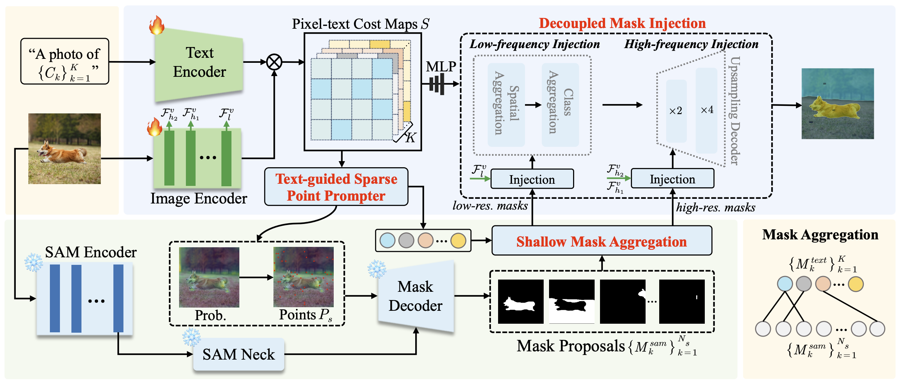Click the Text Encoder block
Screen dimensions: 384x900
coord(199,63)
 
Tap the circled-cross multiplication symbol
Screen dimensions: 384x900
coord(274,62)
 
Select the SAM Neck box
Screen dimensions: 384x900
coord(239,354)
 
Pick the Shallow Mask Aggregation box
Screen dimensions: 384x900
coord(601,241)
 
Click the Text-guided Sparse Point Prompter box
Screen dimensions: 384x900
coord(336,187)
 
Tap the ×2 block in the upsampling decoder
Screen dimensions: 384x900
coord(676,111)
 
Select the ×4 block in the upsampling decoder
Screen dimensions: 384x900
coord(707,110)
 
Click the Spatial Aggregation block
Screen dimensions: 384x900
coord(506,104)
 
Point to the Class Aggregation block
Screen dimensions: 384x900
coord(560,104)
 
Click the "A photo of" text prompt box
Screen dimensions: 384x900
coord(65,61)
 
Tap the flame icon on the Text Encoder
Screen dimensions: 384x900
coord(156,25)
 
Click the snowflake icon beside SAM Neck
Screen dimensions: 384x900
coord(191,337)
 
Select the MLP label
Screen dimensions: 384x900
coord(441,67)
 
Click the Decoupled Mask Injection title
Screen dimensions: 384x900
coord(622,23)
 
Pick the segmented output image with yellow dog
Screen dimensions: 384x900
coord(838,104)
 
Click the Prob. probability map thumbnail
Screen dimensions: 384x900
coord(209,277)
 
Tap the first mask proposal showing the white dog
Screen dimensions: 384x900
coord(521,301)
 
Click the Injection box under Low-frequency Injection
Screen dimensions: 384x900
coord(532,179)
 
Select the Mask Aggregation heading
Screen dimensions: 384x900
coord(820,235)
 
